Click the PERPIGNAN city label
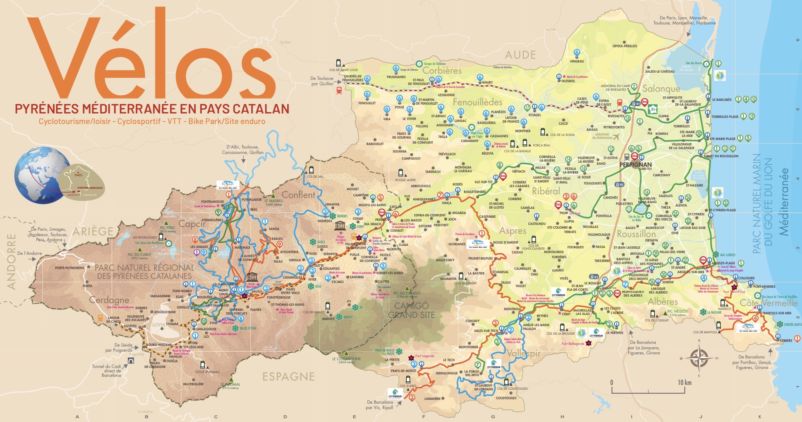click(x=635, y=164)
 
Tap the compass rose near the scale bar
click(x=698, y=358)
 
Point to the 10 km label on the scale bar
click(x=684, y=383)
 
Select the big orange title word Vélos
click(x=149, y=56)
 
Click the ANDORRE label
click(x=12, y=261)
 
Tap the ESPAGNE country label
click(x=288, y=376)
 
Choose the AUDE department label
click(x=520, y=55)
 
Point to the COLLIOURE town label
click(x=746, y=278)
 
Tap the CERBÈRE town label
click(x=786, y=340)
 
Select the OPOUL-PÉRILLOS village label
click(x=624, y=46)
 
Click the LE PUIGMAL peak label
click(x=230, y=384)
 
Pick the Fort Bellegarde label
click(x=573, y=344)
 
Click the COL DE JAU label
click(x=315, y=176)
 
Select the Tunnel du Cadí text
click(x=106, y=366)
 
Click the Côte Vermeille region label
click(x=768, y=303)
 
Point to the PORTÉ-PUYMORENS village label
click(x=69, y=268)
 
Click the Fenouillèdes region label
click(x=477, y=102)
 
